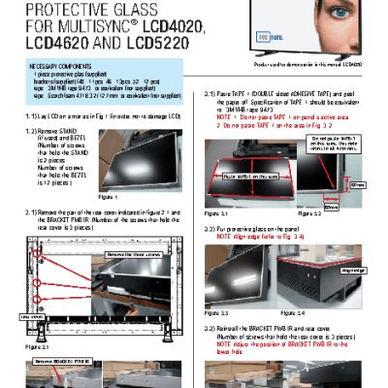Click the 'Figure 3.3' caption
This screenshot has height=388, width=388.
(x=216, y=313)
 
